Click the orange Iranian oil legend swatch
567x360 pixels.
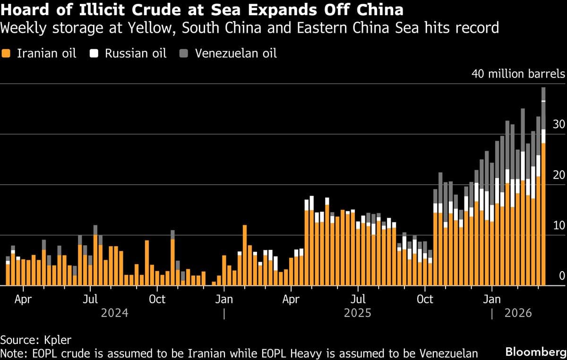click(6, 53)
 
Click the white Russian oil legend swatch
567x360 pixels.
click(94, 53)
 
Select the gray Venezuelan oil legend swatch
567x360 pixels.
click(184, 53)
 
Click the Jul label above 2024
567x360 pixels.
click(90, 299)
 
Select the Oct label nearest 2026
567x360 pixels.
click(425, 299)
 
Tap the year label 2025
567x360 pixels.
click(358, 313)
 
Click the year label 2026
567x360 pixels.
click(518, 313)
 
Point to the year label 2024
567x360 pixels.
click(114, 313)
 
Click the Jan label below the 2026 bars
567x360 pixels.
click(492, 299)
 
